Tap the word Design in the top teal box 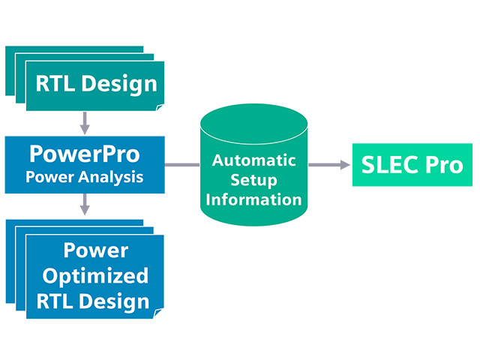tap(118, 83)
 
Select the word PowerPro tap(84, 154)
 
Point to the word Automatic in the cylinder tap(255, 160)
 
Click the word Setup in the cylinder tap(255, 181)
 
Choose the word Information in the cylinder tap(255, 200)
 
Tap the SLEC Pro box tap(412, 165)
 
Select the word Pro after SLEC tap(443, 165)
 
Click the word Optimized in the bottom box tap(94, 276)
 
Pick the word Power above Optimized tap(94, 250)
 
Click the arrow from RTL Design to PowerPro tap(85, 121)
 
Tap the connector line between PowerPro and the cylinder tap(182, 164)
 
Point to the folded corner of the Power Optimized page tap(159, 313)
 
